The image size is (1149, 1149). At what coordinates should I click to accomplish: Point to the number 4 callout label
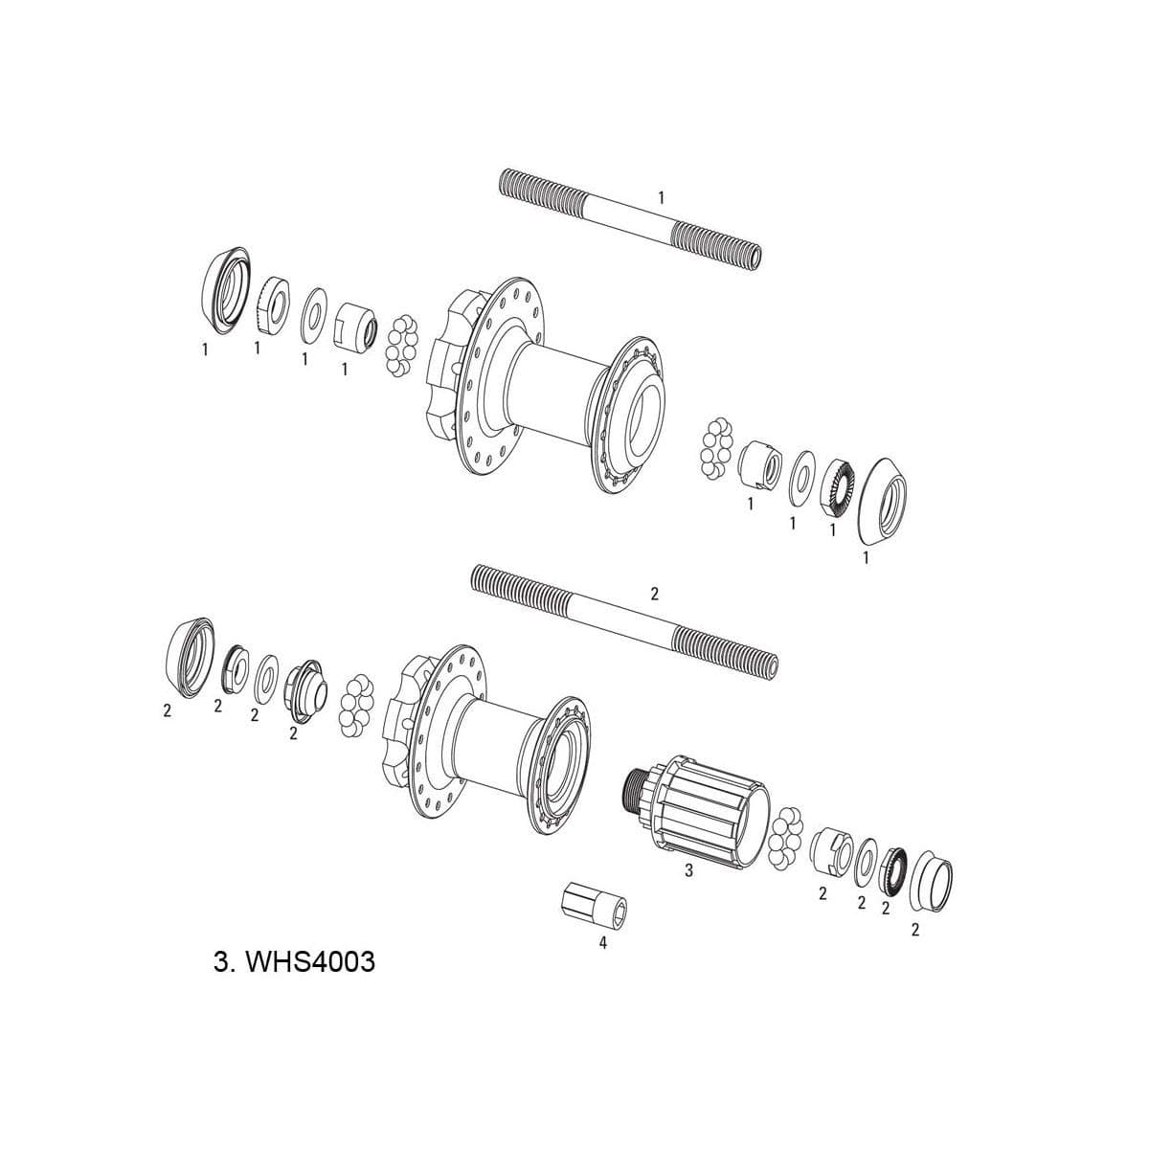pyautogui.click(x=602, y=942)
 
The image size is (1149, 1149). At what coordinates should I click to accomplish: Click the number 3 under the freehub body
pyautogui.click(x=688, y=871)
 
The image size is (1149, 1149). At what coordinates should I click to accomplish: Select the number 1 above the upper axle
pyautogui.click(x=661, y=196)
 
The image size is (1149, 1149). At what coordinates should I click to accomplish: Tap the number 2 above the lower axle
pyautogui.click(x=655, y=594)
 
